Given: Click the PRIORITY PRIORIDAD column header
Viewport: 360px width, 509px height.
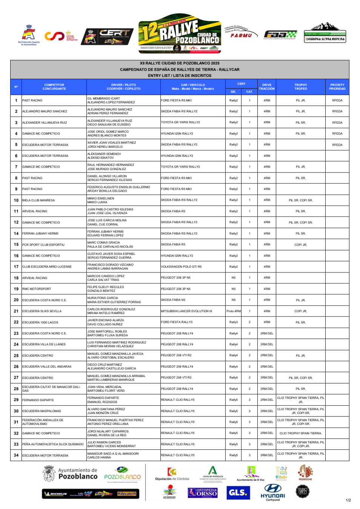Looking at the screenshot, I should point(337,87).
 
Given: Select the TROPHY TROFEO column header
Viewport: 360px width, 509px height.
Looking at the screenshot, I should point(300,87).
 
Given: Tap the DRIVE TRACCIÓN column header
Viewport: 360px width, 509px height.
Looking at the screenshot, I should point(267,87).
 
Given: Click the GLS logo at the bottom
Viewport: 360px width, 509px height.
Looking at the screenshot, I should point(238,492).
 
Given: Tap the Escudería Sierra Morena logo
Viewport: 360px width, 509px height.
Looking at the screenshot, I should point(325,34).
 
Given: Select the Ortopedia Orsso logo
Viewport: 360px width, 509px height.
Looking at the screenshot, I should point(203,492).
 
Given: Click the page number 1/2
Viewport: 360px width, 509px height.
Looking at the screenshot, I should point(348,500).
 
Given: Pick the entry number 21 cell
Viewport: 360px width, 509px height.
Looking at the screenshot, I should point(16,311).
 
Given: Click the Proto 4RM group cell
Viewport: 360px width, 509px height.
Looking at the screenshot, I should point(234,311).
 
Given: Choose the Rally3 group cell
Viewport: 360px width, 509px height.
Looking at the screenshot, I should point(234,322).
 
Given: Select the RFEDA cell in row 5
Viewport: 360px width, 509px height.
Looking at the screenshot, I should point(337,145).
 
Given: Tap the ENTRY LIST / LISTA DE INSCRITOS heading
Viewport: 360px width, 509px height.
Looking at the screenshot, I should point(180,75).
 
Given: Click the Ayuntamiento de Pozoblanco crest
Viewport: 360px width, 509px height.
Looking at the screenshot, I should point(49,474).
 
